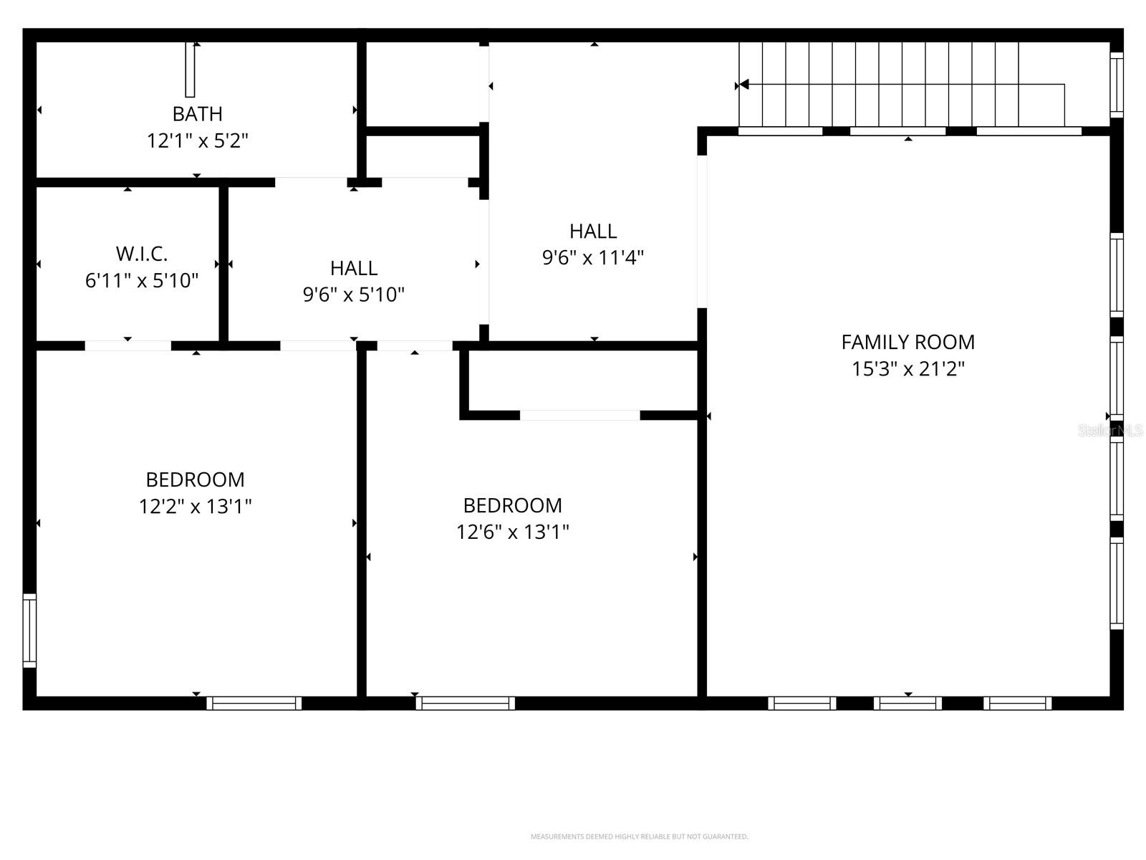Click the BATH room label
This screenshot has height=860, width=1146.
coord(197,114)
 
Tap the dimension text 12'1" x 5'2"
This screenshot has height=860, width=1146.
coord(197,140)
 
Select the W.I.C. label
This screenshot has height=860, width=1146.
coord(141,254)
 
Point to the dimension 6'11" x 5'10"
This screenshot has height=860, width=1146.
coord(141,280)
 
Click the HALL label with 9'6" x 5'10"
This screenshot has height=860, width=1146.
coord(354,268)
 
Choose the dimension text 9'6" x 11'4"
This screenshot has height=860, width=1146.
coord(592,257)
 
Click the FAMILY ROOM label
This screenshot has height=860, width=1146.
coord(907,342)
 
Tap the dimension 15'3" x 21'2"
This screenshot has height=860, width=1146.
coord(907,369)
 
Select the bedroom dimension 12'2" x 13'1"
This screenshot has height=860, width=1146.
coord(195,507)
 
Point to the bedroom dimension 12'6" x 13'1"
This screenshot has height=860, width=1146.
coord(512,532)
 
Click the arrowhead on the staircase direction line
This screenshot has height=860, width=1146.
coord(744,85)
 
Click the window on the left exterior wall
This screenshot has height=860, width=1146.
coord(29,631)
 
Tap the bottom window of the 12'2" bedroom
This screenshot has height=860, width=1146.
coord(254,703)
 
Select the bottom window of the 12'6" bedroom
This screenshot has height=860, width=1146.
coord(465,703)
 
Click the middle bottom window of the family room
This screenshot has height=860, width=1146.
coord(907,703)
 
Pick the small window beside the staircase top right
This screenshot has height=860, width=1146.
coord(1116,85)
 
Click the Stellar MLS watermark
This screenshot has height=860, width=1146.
coord(1109,431)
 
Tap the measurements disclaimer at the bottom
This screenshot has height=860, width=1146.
coord(639,836)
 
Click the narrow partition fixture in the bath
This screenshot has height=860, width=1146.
coord(190,70)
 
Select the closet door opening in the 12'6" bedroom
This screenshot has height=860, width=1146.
coord(579,415)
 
